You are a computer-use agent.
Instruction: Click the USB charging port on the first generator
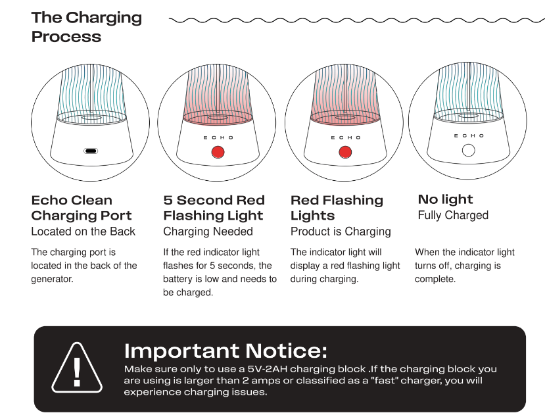tap(91, 151)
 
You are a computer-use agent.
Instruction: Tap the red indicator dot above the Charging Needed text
tap(218, 152)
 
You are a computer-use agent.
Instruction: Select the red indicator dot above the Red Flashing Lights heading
tap(345, 152)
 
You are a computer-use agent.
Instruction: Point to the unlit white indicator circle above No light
tap(469, 150)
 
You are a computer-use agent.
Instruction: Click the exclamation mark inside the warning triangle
tap(77, 372)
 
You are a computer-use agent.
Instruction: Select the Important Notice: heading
tap(225, 351)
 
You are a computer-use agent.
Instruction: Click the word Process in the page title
tap(66, 37)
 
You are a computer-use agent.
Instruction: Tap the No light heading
tap(445, 199)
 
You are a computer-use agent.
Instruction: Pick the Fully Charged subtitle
tap(453, 215)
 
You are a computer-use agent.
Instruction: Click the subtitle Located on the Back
tap(83, 232)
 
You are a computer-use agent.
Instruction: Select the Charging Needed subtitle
tap(208, 232)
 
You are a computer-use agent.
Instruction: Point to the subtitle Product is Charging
tap(341, 232)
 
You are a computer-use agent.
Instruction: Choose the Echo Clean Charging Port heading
tap(82, 208)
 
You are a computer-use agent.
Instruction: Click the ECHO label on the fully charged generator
tap(469, 135)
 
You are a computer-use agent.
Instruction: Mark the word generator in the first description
tap(52, 280)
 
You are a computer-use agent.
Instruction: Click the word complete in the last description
tap(435, 280)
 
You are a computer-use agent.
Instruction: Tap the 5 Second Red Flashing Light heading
tap(214, 208)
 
